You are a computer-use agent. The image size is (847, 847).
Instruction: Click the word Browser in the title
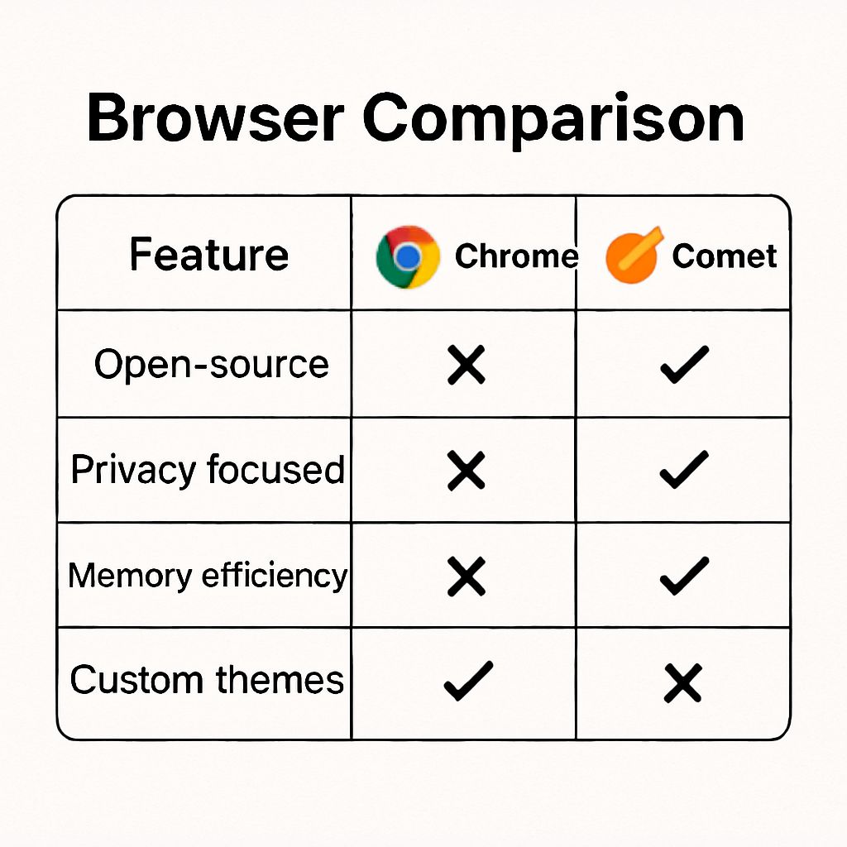coord(214,117)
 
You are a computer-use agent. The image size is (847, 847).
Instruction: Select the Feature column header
coord(209,254)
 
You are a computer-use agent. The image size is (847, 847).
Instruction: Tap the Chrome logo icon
coord(408,257)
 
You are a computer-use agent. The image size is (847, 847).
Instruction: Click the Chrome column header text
coord(516,256)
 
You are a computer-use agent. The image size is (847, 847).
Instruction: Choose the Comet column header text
coord(725,256)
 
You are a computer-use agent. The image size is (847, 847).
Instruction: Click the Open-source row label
coord(211,365)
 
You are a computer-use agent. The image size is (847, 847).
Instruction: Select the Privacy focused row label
coord(208,470)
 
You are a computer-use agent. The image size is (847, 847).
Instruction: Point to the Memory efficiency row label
coord(208,575)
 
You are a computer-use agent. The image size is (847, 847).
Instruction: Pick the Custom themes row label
coord(207,680)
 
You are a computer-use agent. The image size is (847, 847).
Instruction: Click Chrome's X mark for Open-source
coord(466,365)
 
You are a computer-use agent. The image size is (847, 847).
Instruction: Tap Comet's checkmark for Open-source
coord(684,364)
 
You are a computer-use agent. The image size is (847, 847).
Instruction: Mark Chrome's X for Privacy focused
coord(466,470)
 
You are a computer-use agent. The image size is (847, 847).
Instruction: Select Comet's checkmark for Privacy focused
coord(684,469)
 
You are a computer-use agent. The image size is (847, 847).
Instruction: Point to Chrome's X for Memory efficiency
coord(466,576)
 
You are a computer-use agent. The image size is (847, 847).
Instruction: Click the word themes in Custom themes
coord(280,680)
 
